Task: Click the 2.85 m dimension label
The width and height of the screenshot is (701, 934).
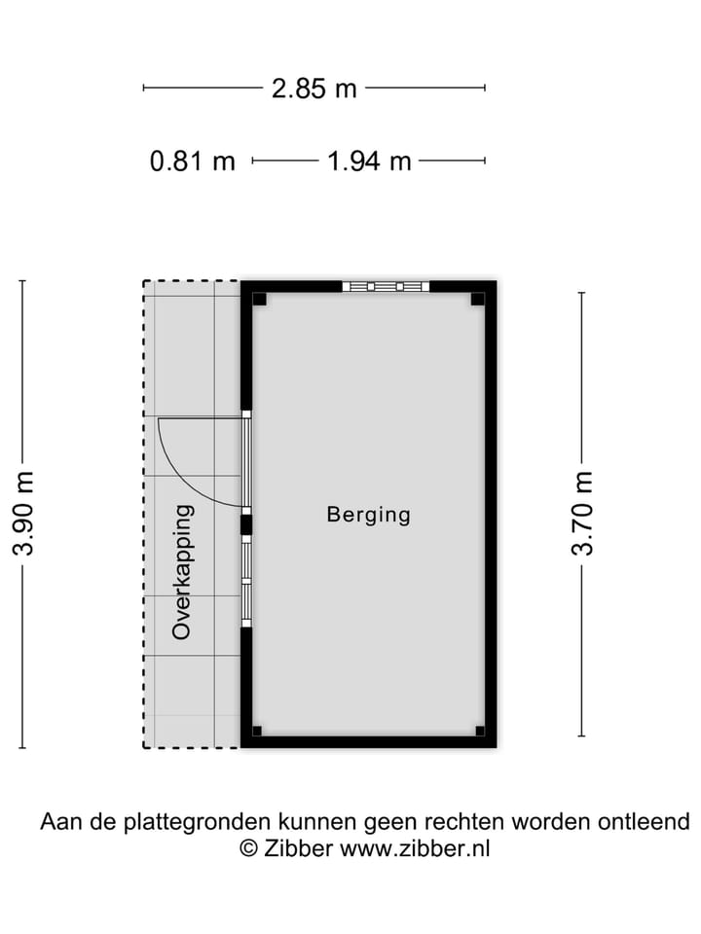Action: click(x=314, y=89)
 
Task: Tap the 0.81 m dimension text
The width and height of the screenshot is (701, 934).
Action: click(x=193, y=162)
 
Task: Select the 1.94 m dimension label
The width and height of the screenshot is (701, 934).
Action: click(x=370, y=162)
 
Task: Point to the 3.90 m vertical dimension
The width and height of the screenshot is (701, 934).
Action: click(x=23, y=514)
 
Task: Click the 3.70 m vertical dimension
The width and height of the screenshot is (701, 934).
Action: click(x=582, y=514)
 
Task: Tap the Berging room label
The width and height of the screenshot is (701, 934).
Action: click(x=369, y=515)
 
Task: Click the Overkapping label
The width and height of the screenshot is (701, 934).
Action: click(x=182, y=572)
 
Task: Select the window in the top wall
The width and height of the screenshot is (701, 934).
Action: click(x=386, y=286)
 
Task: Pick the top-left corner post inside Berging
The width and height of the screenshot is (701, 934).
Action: click(x=259, y=299)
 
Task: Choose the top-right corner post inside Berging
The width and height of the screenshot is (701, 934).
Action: click(x=477, y=299)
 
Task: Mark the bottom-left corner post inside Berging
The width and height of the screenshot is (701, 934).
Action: click(x=257, y=731)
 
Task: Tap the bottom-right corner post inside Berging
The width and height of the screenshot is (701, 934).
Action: click(x=480, y=731)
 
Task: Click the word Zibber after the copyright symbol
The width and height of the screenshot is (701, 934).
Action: click(x=298, y=848)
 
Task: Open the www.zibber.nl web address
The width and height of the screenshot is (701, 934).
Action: click(x=415, y=848)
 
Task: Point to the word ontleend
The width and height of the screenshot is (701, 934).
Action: click(x=644, y=821)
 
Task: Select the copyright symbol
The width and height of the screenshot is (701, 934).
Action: click(x=248, y=848)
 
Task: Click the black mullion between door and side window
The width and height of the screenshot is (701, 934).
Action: click(x=245, y=525)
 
